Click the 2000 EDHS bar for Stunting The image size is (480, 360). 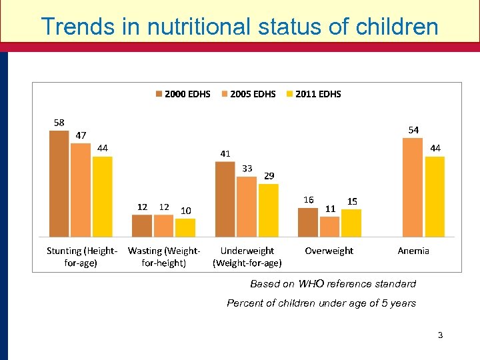coord(59,183)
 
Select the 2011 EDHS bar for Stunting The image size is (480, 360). coord(102,197)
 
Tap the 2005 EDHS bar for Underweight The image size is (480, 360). coord(247,207)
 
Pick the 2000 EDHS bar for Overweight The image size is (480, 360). coord(307,222)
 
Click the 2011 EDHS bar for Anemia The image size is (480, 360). coord(435,197)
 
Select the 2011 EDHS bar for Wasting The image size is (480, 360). coord(185,227)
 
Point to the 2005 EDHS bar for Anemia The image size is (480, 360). coord(413,187)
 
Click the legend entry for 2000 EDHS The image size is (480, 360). coord(183,94)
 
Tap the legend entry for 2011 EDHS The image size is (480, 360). coord(313,94)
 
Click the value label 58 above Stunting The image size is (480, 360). coord(59,123)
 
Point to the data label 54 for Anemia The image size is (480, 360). coord(413,130)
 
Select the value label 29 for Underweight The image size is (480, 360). coord(269,176)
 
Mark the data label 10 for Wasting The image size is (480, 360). coord(186,211)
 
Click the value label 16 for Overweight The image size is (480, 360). coord(308,200)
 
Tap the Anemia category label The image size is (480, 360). coord(413,251)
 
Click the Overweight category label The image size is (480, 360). coord(329,251)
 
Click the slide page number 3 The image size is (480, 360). coord(440,335)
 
